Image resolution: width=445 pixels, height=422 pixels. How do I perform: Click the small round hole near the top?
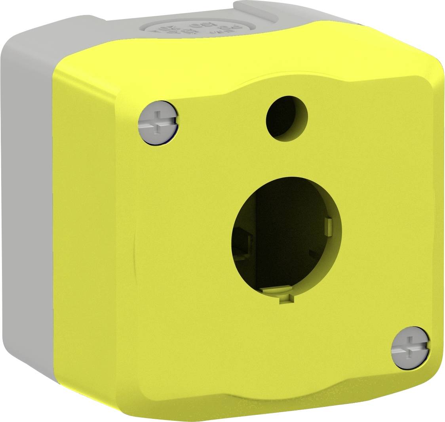(287, 117)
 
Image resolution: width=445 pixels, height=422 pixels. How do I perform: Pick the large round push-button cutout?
(286, 238)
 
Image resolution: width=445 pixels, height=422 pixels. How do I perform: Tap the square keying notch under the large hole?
(285, 300)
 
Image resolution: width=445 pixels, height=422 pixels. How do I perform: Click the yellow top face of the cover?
(238, 59)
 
